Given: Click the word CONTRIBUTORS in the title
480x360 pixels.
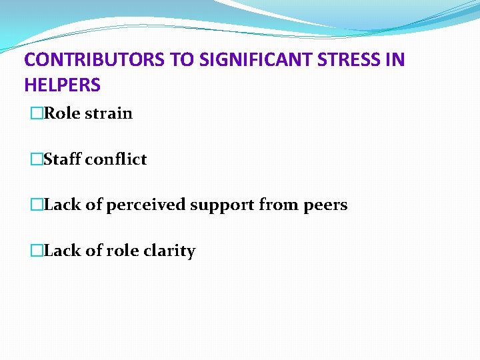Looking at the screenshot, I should tap(95, 60).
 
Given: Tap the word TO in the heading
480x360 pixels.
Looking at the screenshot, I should tap(182, 60).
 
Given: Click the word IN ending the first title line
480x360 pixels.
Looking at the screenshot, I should tap(395, 60).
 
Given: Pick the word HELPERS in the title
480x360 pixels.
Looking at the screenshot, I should tap(62, 85).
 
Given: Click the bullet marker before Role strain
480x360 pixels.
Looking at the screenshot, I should tap(36, 114).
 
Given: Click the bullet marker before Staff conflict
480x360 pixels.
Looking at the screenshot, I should tap(36, 160).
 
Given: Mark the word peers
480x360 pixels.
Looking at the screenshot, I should tap(325, 205).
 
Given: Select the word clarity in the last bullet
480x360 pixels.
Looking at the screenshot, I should tap(172, 251).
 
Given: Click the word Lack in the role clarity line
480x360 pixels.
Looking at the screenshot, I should tap(62, 251).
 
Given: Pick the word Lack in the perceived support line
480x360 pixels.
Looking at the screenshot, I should tap(62, 205).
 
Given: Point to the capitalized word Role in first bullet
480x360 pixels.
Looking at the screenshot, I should tap(61, 114).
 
